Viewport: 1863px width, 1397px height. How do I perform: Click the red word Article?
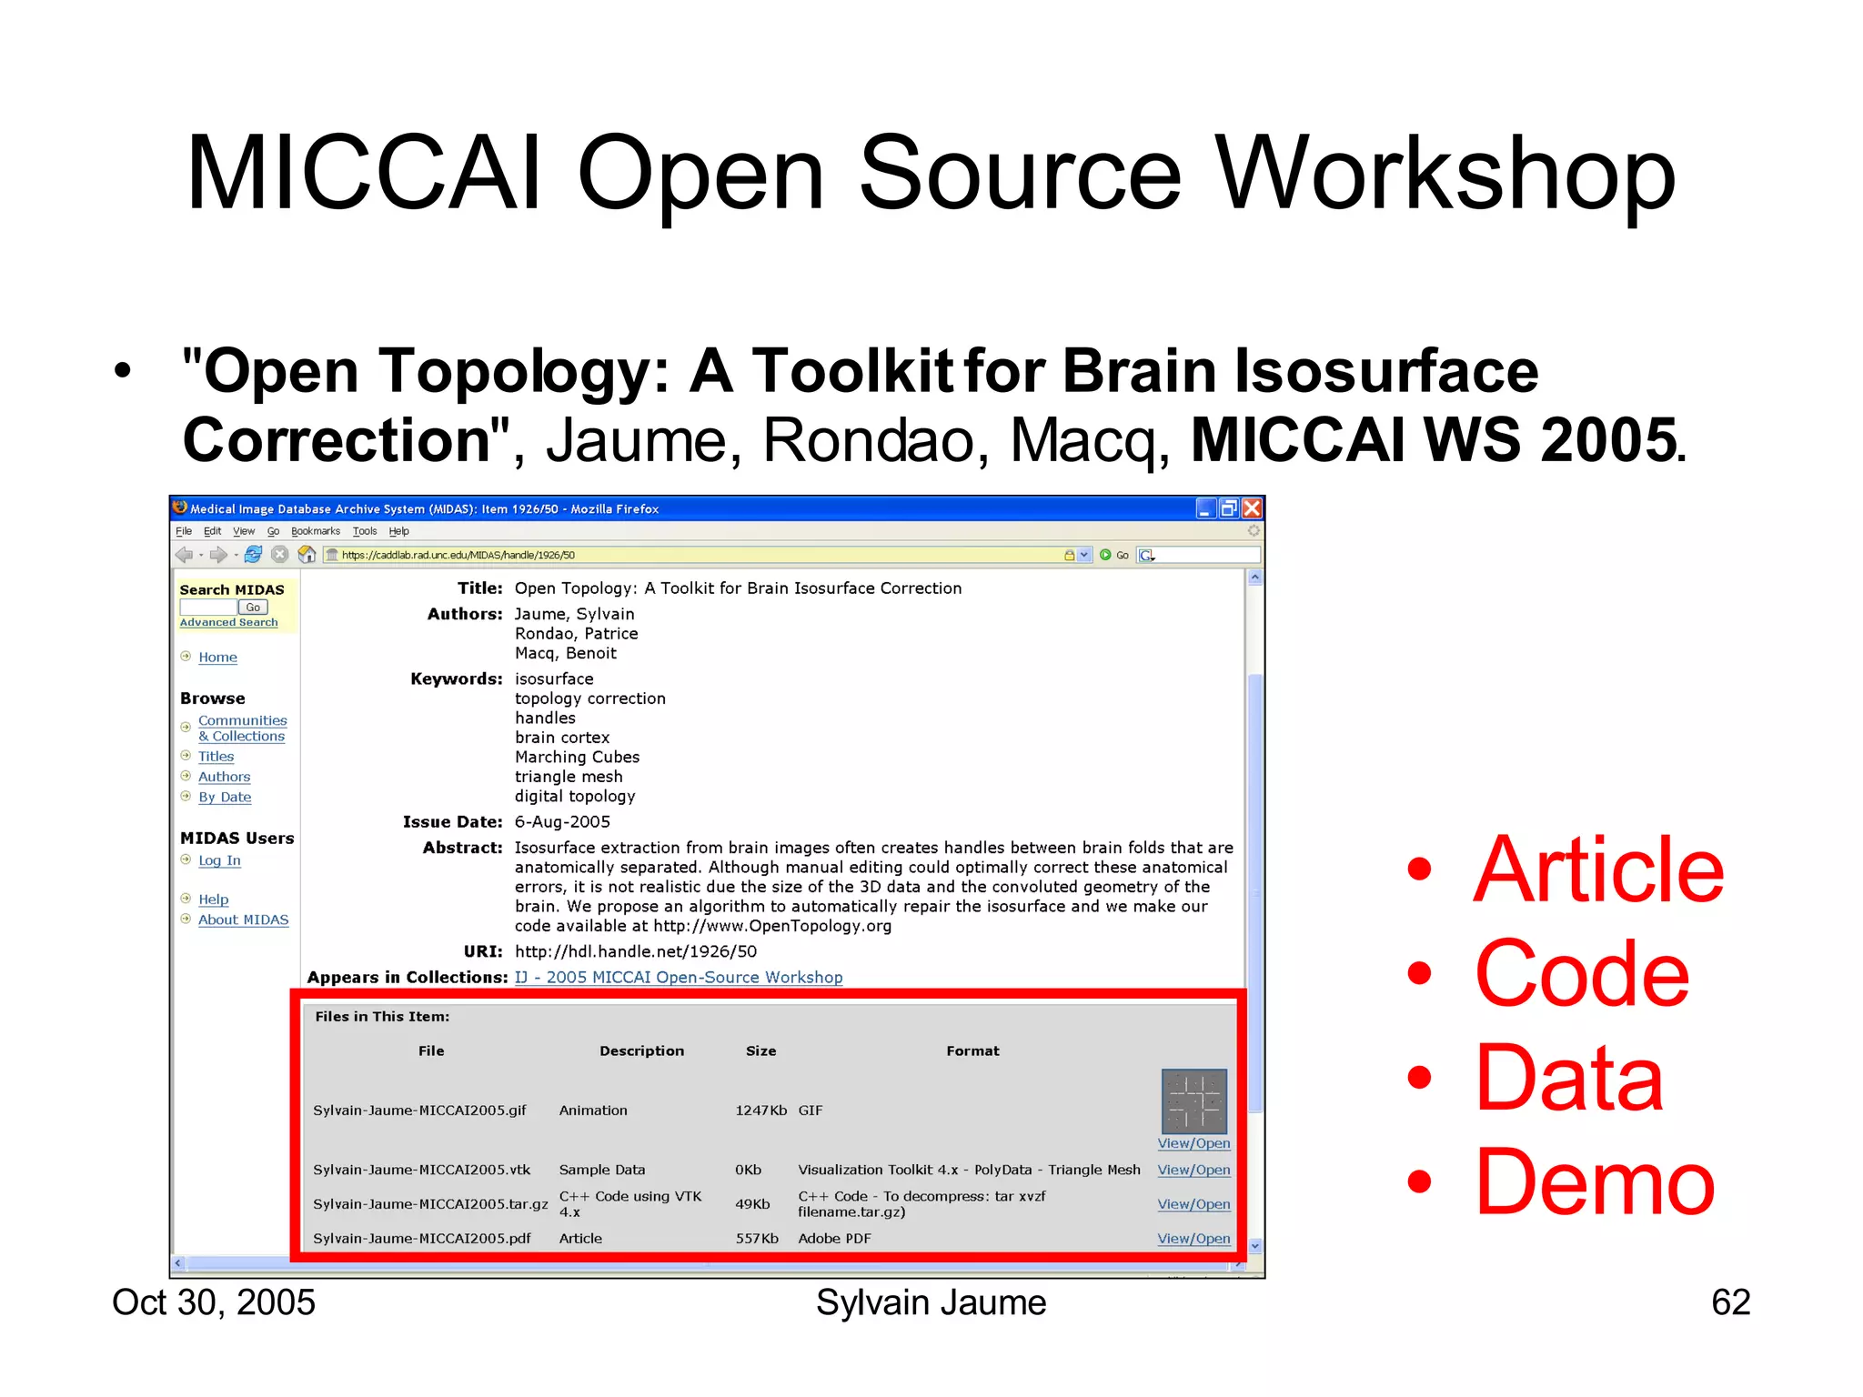coord(1597,870)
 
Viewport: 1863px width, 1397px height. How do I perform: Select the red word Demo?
coord(1594,1183)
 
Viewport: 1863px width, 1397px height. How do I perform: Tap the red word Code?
coord(1581,975)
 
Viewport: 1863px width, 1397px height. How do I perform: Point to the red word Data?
coord(1568,1079)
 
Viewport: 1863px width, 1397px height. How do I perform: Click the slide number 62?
coord(1730,1302)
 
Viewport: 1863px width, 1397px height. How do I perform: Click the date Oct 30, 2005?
coord(214,1302)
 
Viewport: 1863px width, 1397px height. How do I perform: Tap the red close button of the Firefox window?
coord(1252,508)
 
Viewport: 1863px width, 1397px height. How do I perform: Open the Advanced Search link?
coord(228,622)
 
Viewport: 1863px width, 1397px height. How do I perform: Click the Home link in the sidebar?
coord(217,658)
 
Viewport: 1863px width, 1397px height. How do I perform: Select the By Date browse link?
coord(225,798)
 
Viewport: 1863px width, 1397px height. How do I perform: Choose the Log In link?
coord(219,860)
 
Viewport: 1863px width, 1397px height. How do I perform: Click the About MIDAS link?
coord(243,920)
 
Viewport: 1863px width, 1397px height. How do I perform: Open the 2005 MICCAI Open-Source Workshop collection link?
coord(679,978)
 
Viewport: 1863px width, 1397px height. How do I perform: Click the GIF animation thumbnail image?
coord(1193,1101)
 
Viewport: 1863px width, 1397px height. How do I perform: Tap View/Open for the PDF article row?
coord(1193,1239)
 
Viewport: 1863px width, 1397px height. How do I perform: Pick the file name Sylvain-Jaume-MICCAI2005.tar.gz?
coord(430,1204)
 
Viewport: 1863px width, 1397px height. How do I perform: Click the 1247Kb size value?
coord(760,1111)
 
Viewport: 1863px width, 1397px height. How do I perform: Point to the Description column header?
coord(641,1051)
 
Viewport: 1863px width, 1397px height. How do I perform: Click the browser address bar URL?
coord(458,555)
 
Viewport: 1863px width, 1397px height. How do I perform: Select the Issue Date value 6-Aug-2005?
coord(562,822)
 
